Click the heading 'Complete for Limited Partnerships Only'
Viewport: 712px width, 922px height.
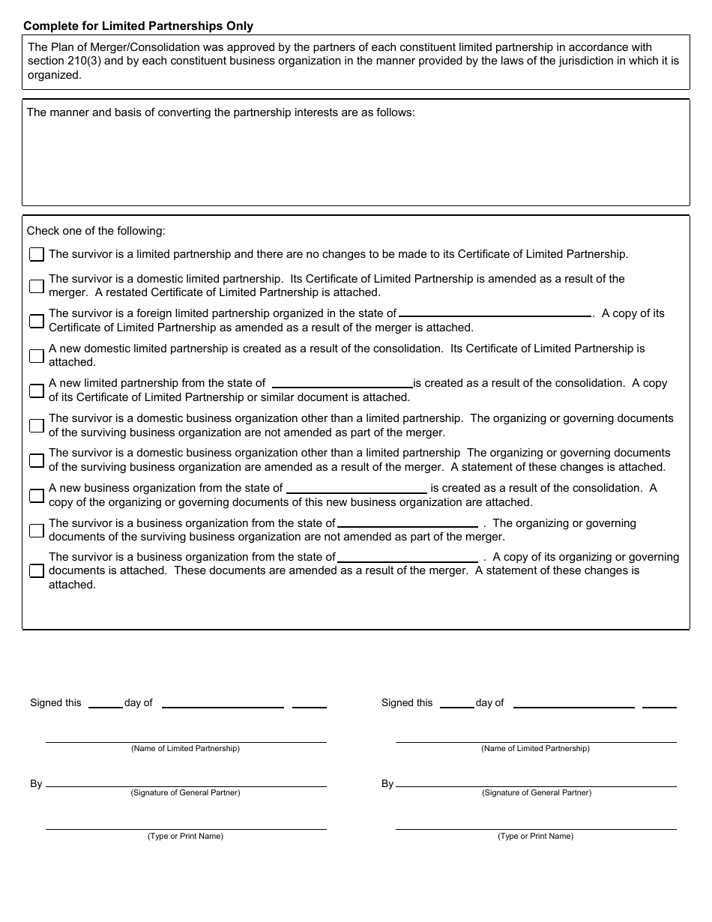pyautogui.click(x=138, y=26)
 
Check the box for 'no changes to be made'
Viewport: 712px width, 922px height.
pyautogui.click(x=37, y=255)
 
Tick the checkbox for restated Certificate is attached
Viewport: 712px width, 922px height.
pyautogui.click(x=37, y=286)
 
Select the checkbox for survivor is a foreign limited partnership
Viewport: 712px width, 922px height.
pyautogui.click(x=37, y=321)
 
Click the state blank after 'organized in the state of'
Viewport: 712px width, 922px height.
pyautogui.click(x=495, y=313)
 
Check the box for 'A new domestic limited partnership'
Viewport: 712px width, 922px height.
pyautogui.click(x=37, y=355)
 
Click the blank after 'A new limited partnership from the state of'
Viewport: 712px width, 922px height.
pyautogui.click(x=342, y=382)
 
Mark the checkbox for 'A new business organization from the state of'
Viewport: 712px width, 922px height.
pyautogui.click(x=37, y=495)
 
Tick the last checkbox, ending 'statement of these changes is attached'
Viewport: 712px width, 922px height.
pyautogui.click(x=37, y=571)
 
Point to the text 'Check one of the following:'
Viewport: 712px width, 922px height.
pyautogui.click(x=96, y=232)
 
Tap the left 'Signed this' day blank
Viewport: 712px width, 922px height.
pyautogui.click(x=105, y=704)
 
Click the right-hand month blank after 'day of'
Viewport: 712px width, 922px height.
pyautogui.click(x=573, y=704)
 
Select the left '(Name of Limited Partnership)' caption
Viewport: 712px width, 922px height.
pyautogui.click(x=185, y=749)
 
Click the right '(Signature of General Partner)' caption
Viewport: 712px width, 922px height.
pyautogui.click(x=536, y=793)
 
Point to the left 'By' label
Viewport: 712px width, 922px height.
pyautogui.click(x=36, y=784)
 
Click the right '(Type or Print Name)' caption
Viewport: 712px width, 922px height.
pyautogui.click(x=535, y=837)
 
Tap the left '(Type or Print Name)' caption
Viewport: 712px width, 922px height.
pyautogui.click(x=185, y=837)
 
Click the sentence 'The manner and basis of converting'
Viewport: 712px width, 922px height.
pyautogui.click(x=220, y=113)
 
